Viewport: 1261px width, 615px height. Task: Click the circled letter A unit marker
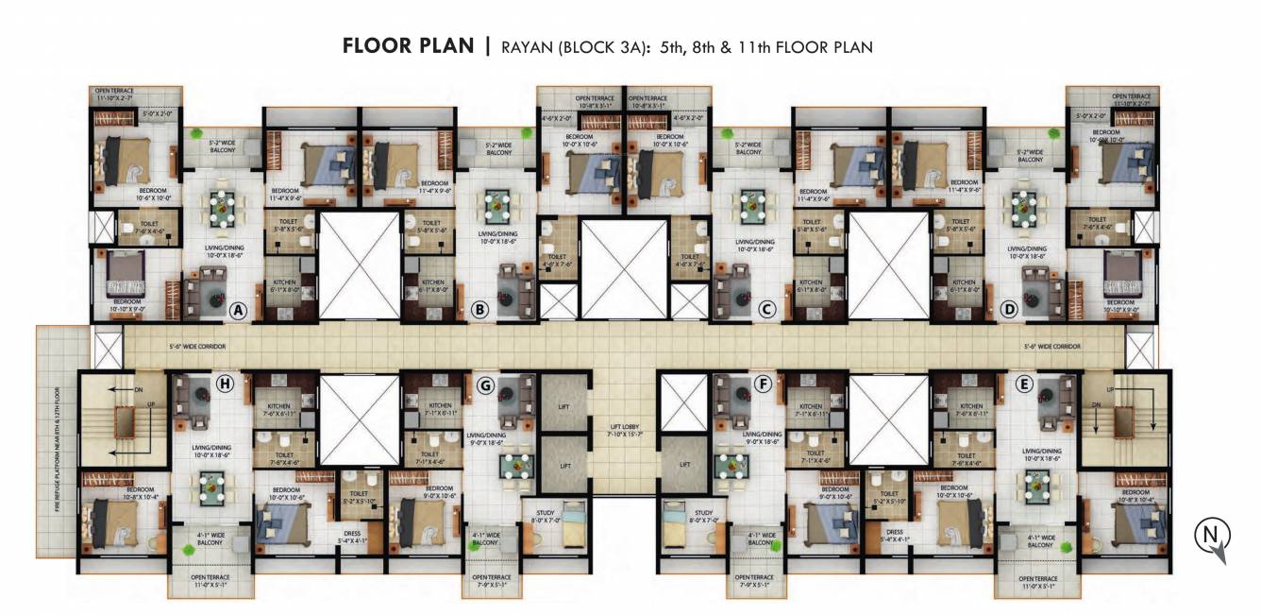tap(238, 309)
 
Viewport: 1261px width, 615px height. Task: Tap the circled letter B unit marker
tap(479, 309)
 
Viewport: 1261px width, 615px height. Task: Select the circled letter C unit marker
tap(767, 309)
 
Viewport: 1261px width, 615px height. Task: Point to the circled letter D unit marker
tap(1010, 309)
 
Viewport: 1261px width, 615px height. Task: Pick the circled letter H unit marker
tap(225, 383)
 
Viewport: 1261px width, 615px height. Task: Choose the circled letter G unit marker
tap(486, 383)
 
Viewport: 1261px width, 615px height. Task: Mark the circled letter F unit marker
tap(762, 383)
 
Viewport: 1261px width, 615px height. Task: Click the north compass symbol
tap(1209, 538)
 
